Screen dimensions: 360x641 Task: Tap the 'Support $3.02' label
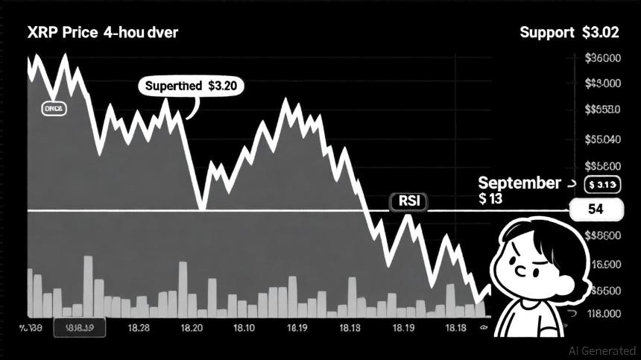[x=569, y=33]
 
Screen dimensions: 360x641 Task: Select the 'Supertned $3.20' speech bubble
[x=192, y=86]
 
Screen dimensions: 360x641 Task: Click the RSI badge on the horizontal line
[x=408, y=201]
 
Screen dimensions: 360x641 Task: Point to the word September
[x=519, y=183]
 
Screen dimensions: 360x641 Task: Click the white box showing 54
[x=595, y=209]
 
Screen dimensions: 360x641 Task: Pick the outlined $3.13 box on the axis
[x=601, y=184]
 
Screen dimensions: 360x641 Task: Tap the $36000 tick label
[x=603, y=59]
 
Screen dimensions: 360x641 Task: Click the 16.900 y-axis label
[x=604, y=265]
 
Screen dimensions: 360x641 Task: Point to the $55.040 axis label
[x=603, y=139]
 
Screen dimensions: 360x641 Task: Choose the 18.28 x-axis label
[x=138, y=328]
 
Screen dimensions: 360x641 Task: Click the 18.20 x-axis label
[x=192, y=328]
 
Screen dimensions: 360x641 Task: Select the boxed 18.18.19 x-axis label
[x=79, y=328]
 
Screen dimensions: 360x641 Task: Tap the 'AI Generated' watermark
[x=602, y=350]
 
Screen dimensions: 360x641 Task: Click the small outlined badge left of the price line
[x=53, y=108]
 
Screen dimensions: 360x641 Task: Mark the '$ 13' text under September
[x=492, y=199]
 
